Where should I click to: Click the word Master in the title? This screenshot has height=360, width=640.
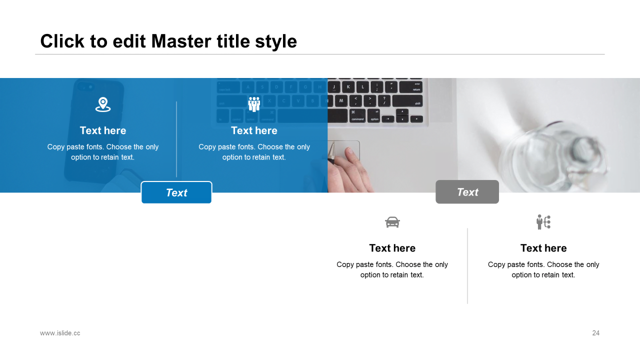(x=181, y=41)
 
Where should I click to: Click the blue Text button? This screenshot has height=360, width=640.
(x=176, y=192)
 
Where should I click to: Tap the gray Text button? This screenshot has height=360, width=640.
(x=467, y=191)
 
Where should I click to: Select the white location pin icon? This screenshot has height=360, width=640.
(x=103, y=104)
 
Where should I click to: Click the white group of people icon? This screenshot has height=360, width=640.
(x=254, y=104)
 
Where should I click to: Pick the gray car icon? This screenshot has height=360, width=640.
(x=392, y=222)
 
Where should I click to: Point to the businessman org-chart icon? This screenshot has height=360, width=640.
(x=543, y=222)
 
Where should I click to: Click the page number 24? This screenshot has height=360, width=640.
(x=595, y=333)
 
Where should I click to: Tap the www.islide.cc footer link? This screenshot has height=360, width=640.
(x=60, y=333)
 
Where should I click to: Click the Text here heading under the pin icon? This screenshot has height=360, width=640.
(x=103, y=130)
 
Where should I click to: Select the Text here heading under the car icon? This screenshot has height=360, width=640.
(x=392, y=248)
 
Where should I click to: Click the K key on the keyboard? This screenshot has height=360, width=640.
(x=348, y=87)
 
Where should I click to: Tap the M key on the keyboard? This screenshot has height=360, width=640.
(x=341, y=101)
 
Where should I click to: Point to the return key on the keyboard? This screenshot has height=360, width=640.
(x=411, y=87)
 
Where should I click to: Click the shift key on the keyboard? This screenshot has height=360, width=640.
(x=407, y=101)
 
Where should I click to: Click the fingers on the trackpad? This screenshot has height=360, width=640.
(x=353, y=170)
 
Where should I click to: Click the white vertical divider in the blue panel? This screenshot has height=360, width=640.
(x=176, y=139)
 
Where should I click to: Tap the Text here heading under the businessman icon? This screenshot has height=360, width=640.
(x=543, y=248)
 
